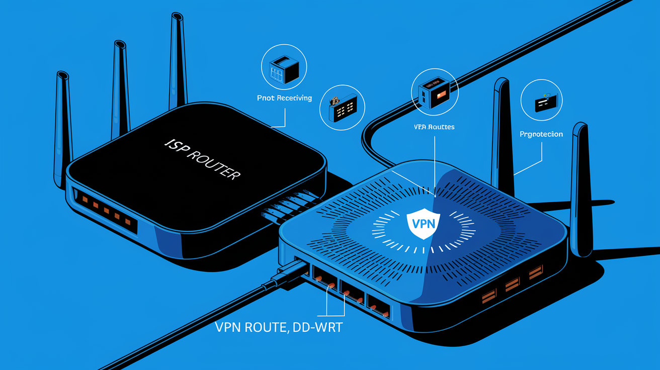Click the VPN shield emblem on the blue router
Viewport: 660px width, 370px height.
tap(423, 223)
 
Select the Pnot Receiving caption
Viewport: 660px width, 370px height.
tap(284, 98)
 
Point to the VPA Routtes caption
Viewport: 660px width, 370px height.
tap(433, 127)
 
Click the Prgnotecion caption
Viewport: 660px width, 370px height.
tap(541, 134)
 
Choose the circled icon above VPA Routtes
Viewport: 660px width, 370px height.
tap(434, 91)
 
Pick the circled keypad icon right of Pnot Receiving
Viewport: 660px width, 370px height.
tap(342, 108)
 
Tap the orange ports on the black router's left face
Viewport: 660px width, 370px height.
tap(107, 210)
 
